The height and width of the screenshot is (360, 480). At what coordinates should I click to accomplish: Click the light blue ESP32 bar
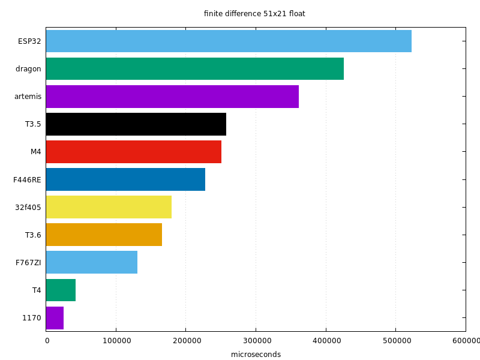coord(229,41)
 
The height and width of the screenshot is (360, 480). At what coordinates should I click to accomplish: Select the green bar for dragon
coord(195,68)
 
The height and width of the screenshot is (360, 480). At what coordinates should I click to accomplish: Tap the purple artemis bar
coord(172,96)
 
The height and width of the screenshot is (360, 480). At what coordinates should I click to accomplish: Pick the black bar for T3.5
coord(136,124)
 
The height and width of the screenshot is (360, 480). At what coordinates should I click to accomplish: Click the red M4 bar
coord(134,152)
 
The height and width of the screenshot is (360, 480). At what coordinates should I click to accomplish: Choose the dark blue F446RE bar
coord(125,179)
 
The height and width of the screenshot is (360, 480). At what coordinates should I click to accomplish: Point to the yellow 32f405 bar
coord(109,207)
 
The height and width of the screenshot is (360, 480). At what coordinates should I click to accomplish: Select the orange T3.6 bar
coord(104,235)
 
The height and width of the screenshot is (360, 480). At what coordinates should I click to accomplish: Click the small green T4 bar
coord(61,290)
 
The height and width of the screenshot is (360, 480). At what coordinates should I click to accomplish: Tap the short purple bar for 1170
coord(55,318)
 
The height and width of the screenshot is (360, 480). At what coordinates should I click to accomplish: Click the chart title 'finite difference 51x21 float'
coord(254,14)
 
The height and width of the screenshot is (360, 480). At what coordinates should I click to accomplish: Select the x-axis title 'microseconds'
coord(256,355)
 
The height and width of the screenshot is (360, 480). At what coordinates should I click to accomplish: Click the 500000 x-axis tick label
coord(395,341)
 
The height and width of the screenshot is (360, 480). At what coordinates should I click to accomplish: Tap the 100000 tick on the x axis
coord(116,341)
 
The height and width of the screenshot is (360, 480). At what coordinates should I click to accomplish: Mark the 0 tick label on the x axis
coord(47,341)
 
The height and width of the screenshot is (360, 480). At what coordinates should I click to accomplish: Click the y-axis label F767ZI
coord(28,262)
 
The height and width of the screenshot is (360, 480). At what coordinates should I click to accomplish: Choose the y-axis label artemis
coord(28,96)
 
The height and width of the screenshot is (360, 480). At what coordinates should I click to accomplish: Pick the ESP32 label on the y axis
coord(29,41)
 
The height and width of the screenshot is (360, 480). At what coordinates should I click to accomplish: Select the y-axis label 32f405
coord(28,207)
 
